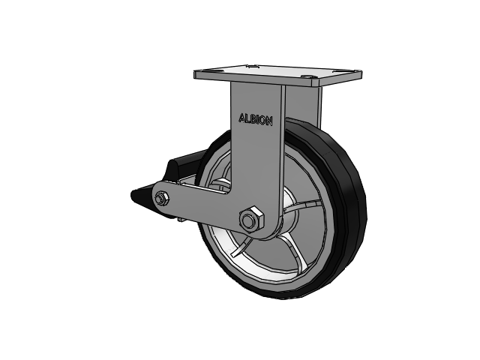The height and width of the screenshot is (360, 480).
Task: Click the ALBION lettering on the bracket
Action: (255, 119)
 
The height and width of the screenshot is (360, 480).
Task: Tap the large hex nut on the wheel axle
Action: (252, 218)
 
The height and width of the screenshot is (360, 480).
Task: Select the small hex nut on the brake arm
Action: (162, 198)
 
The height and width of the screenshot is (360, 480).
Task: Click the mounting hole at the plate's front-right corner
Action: (307, 76)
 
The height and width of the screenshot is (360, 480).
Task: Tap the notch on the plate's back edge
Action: (252, 66)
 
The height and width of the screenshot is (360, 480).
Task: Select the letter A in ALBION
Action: (241, 118)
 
